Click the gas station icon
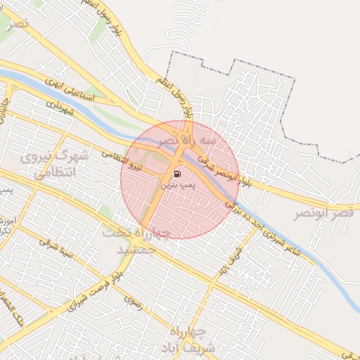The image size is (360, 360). pos(176,173)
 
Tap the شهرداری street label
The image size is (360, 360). pos(59,107)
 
